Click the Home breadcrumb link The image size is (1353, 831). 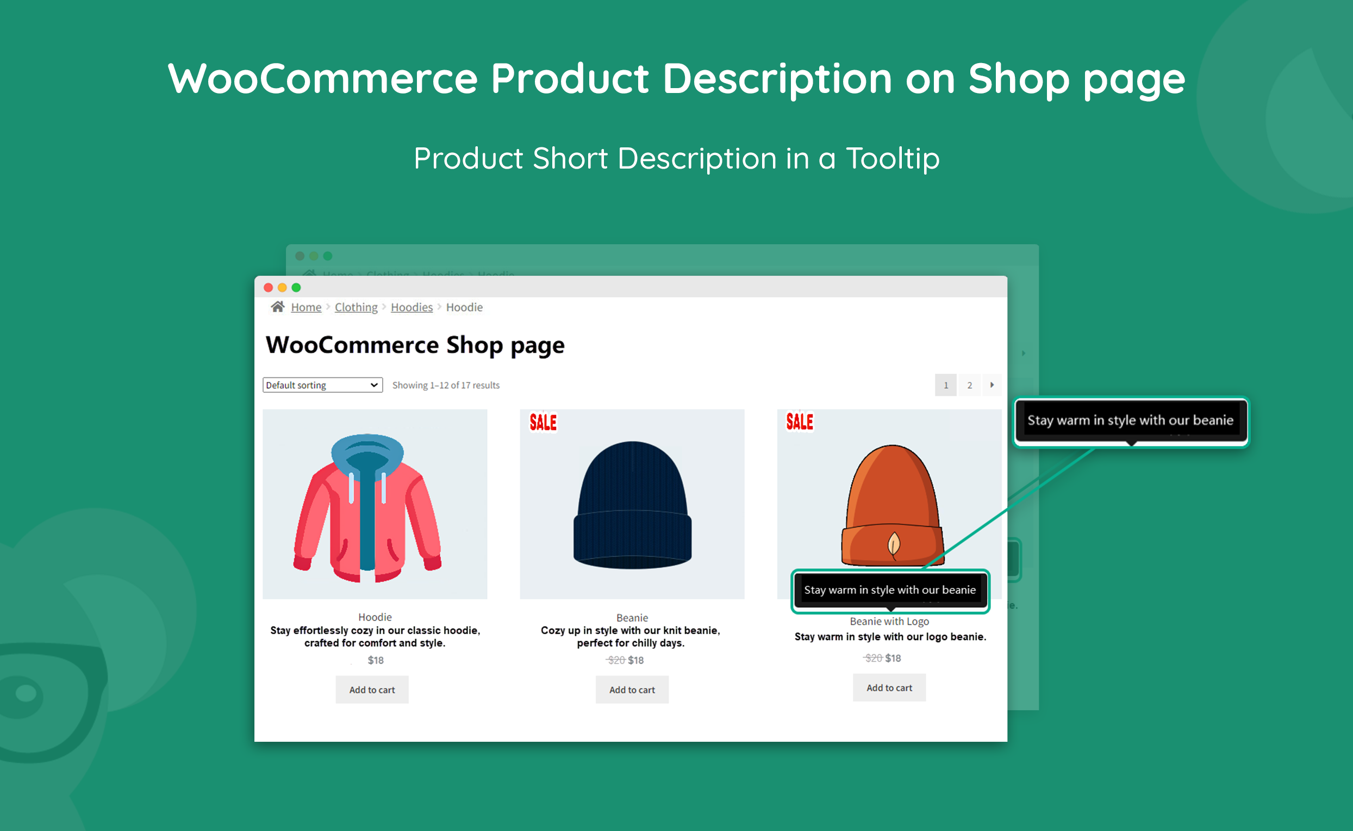click(306, 307)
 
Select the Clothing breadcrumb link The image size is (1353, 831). click(356, 307)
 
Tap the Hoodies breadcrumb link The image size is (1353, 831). click(411, 307)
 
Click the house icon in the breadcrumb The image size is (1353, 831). click(277, 307)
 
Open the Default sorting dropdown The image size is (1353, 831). click(322, 385)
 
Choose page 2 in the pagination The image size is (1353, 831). click(970, 385)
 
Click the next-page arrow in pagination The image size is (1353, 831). click(992, 385)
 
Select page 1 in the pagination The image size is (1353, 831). click(945, 385)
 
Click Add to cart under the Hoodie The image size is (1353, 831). click(372, 689)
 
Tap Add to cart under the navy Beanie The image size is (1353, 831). click(632, 689)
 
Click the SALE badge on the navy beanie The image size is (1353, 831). click(543, 422)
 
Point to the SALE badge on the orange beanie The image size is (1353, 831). click(799, 421)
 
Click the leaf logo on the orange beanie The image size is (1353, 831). click(894, 544)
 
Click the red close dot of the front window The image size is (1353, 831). click(268, 288)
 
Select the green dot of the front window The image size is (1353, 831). click(296, 288)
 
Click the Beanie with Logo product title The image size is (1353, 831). click(889, 621)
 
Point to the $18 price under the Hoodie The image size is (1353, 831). click(376, 660)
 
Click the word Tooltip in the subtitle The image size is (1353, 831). click(892, 158)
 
